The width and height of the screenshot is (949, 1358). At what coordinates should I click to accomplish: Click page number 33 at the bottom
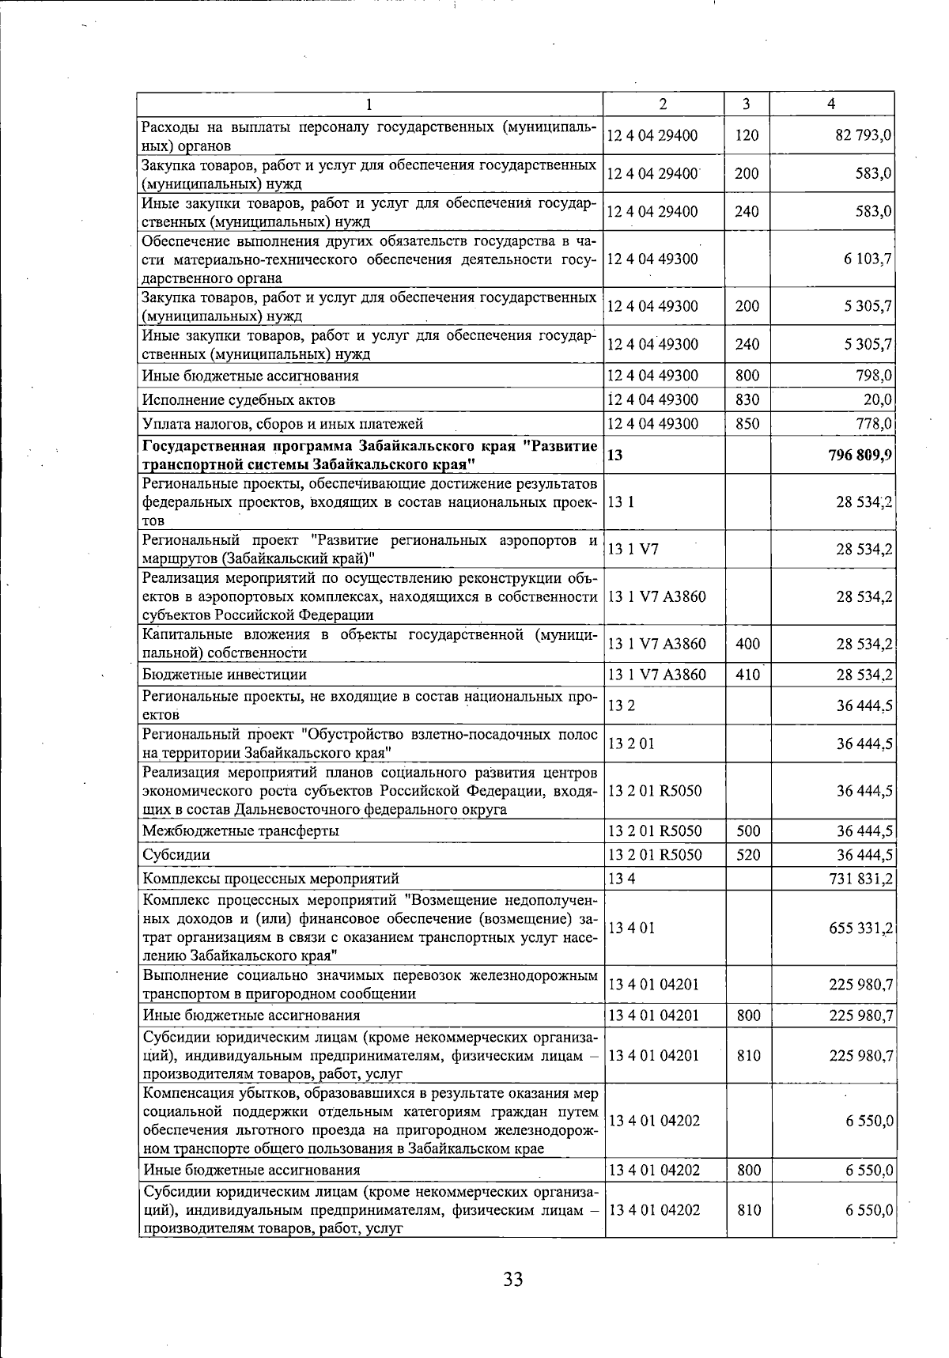(x=512, y=1278)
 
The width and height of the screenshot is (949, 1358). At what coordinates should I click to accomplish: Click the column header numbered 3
(x=747, y=104)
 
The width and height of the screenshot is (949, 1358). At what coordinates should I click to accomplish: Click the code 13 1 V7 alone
(x=633, y=549)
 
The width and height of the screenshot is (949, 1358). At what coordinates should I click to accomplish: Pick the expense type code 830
(x=747, y=399)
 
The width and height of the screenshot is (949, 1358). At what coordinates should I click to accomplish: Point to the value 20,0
(x=878, y=399)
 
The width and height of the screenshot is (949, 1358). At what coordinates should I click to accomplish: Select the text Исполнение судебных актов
(x=238, y=399)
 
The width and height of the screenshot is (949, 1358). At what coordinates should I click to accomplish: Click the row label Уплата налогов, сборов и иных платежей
(x=282, y=424)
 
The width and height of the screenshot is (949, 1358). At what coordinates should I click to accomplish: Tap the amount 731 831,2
(x=861, y=879)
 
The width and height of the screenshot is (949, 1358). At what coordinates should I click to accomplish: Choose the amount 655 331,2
(x=861, y=928)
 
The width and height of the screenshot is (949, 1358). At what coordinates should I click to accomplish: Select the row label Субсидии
(x=169, y=855)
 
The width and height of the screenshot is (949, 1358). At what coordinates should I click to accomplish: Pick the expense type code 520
(x=748, y=855)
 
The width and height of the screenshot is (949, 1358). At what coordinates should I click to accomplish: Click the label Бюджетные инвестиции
(x=224, y=675)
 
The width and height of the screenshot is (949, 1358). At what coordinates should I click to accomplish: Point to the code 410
(x=747, y=675)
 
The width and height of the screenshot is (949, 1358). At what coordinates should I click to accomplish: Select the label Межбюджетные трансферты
(x=240, y=830)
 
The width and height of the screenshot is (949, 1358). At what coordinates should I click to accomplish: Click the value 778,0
(x=875, y=424)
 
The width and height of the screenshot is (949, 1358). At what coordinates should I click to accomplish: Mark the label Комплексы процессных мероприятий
(x=270, y=879)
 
